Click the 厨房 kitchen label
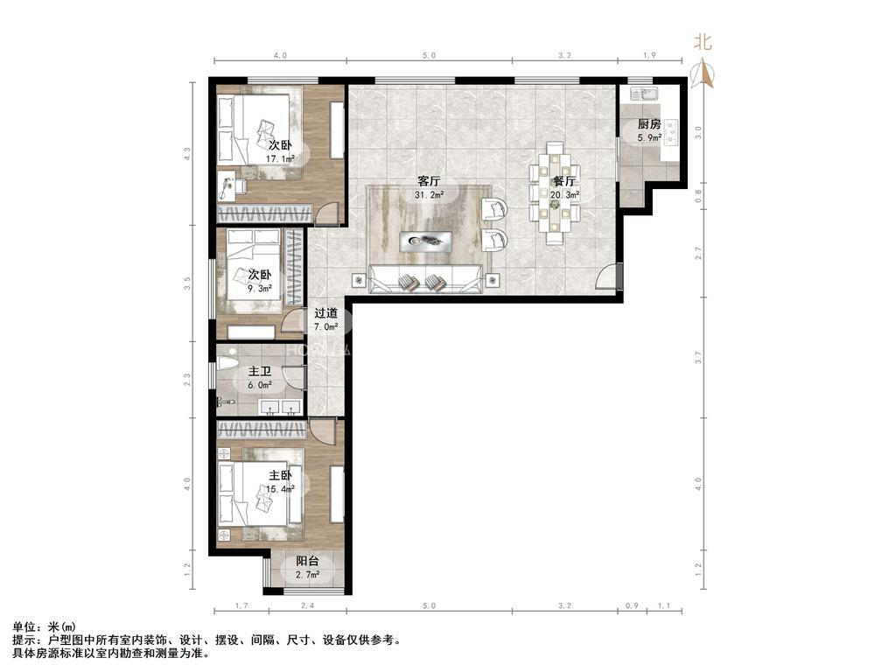click(x=649, y=124)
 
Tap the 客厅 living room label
click(x=429, y=181)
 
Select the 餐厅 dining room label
click(x=564, y=181)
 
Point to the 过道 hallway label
click(x=325, y=313)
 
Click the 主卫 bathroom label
click(x=259, y=371)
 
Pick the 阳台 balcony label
click(x=307, y=561)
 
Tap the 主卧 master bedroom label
click(x=281, y=475)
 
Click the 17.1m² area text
click(x=280, y=158)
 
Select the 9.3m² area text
click(x=259, y=289)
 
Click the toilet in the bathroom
click(x=227, y=361)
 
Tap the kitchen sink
click(x=645, y=93)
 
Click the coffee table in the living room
click(x=426, y=241)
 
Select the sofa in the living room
click(x=425, y=279)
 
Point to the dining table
click(x=555, y=193)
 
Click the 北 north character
click(x=703, y=42)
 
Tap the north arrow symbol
click(x=704, y=74)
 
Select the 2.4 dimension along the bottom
click(x=307, y=605)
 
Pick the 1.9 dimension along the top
click(x=650, y=55)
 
